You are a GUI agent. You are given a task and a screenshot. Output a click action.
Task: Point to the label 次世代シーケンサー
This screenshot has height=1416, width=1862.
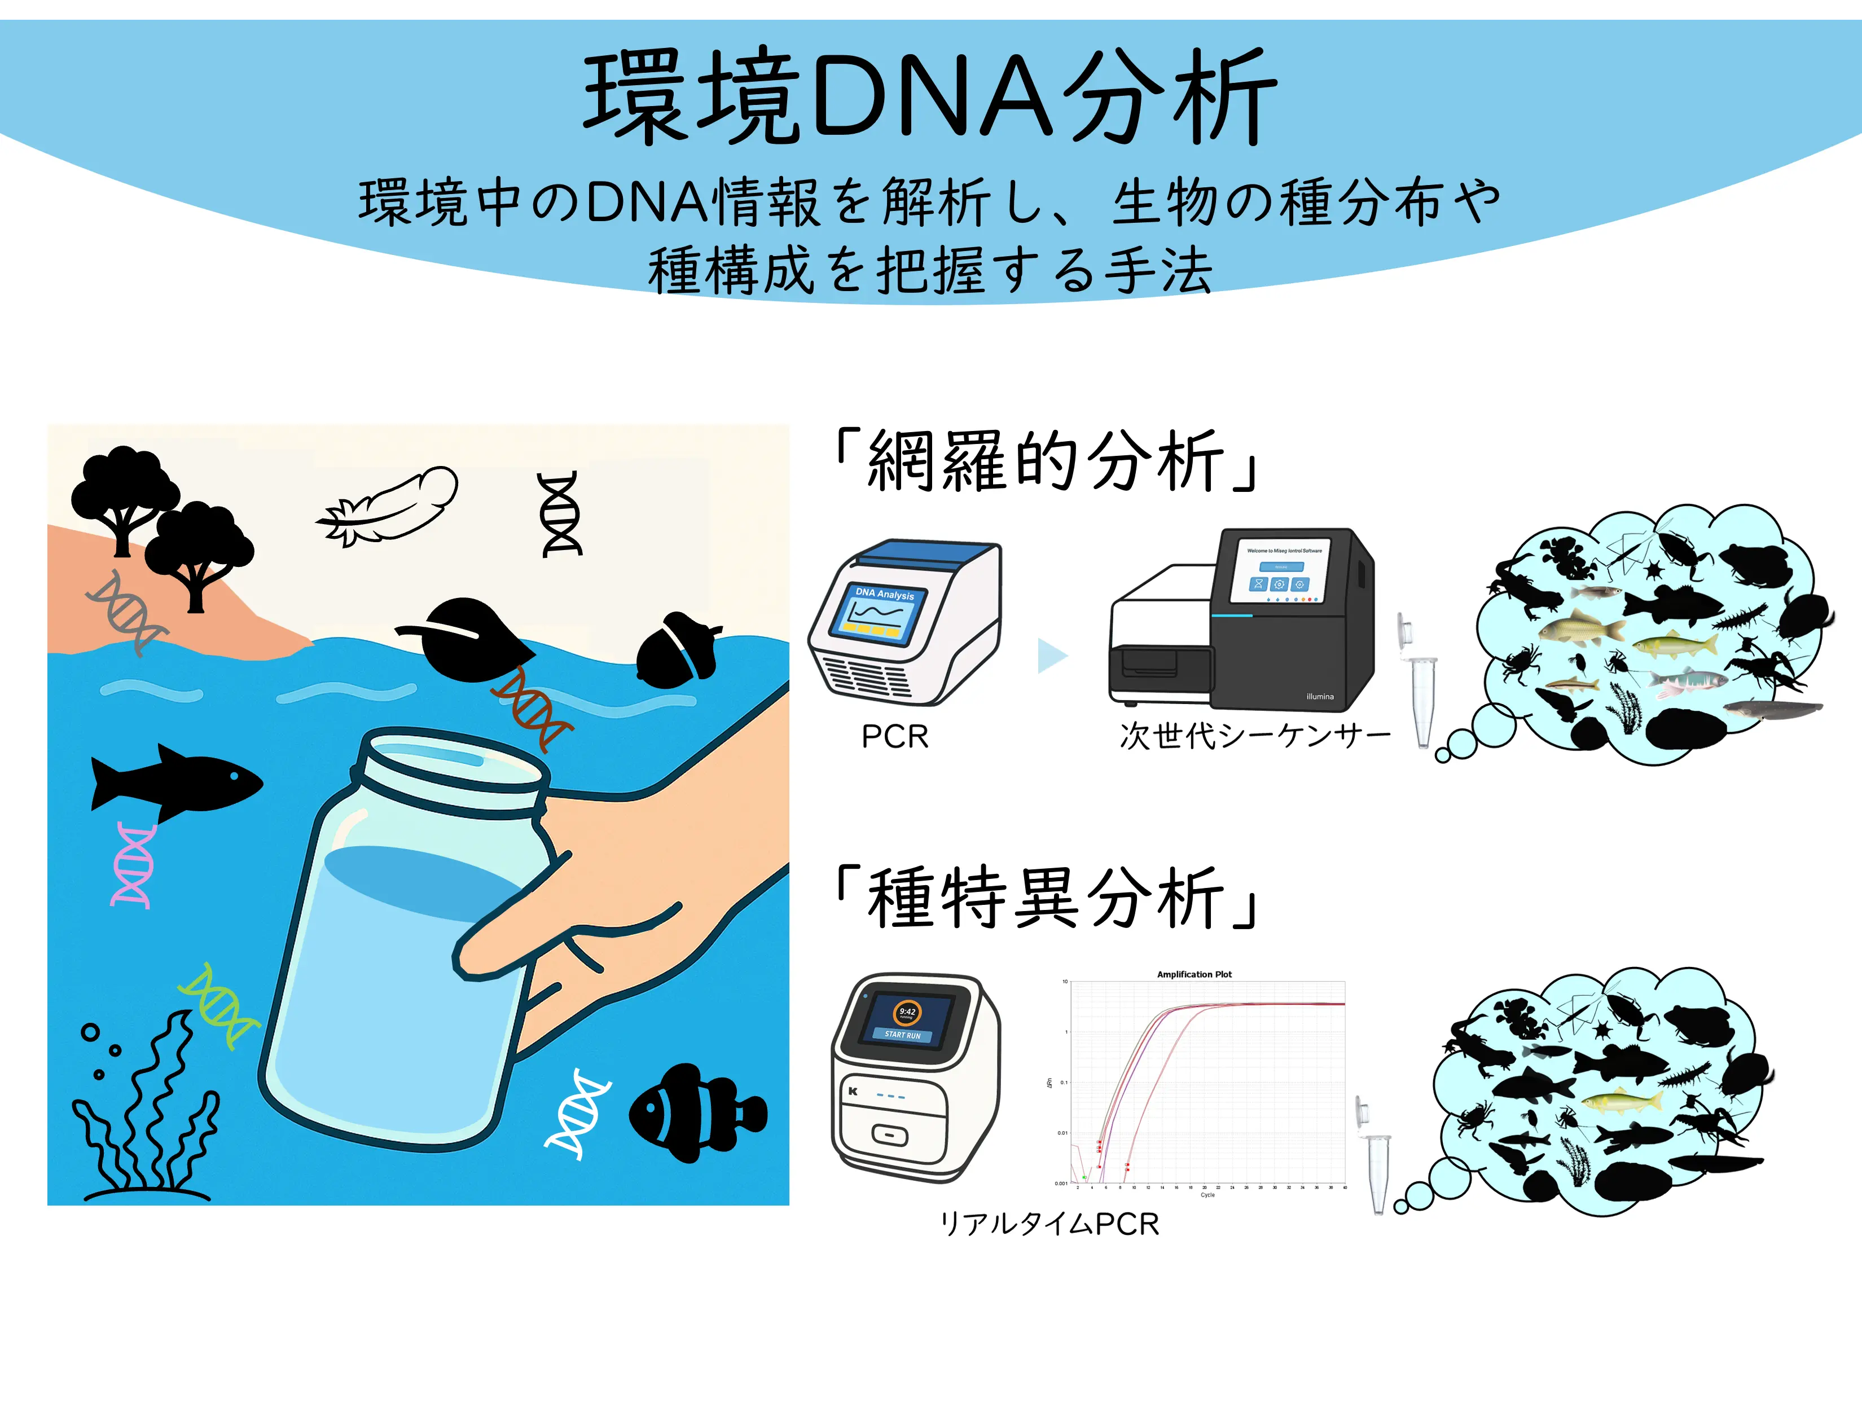pyautogui.click(x=1254, y=736)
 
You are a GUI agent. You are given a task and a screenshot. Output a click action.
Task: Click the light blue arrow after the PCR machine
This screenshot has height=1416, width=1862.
pyautogui.click(x=1052, y=656)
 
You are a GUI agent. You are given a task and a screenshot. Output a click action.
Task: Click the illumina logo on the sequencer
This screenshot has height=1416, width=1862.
pyautogui.click(x=1320, y=696)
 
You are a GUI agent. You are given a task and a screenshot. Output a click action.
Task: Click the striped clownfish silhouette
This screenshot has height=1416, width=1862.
pyautogui.click(x=695, y=1112)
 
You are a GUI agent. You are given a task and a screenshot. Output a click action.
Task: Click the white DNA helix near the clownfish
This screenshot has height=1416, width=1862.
pyautogui.click(x=577, y=1112)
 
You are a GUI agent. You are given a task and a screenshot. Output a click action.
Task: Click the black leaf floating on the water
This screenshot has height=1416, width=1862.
pyautogui.click(x=468, y=640)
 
